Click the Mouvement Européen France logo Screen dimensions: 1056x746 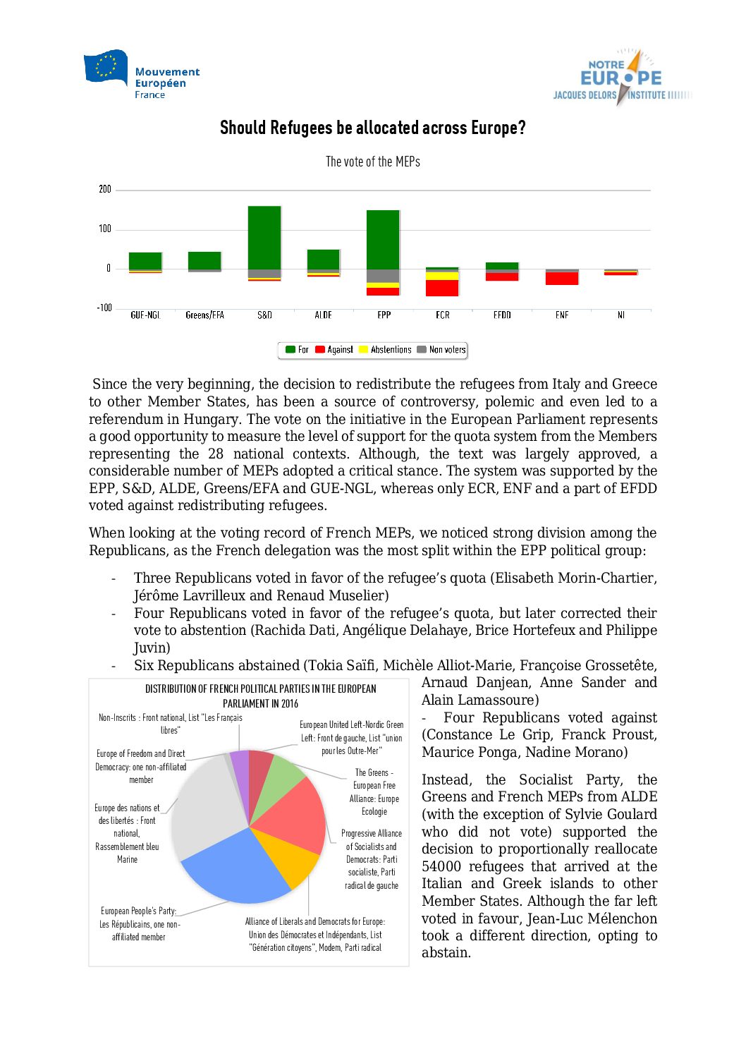[142, 74]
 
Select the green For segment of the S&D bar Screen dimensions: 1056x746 [264, 237]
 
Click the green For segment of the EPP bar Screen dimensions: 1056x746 [383, 239]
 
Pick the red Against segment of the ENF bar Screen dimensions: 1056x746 [562, 279]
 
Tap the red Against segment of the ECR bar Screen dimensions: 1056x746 [442, 288]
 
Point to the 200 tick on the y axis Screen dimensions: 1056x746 [105, 189]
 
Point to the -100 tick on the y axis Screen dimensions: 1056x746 [104, 308]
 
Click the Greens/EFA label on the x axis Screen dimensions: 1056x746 [204, 315]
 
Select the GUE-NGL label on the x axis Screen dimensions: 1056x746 [145, 315]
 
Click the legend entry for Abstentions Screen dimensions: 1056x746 [385, 350]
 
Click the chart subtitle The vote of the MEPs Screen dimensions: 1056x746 [372, 162]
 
